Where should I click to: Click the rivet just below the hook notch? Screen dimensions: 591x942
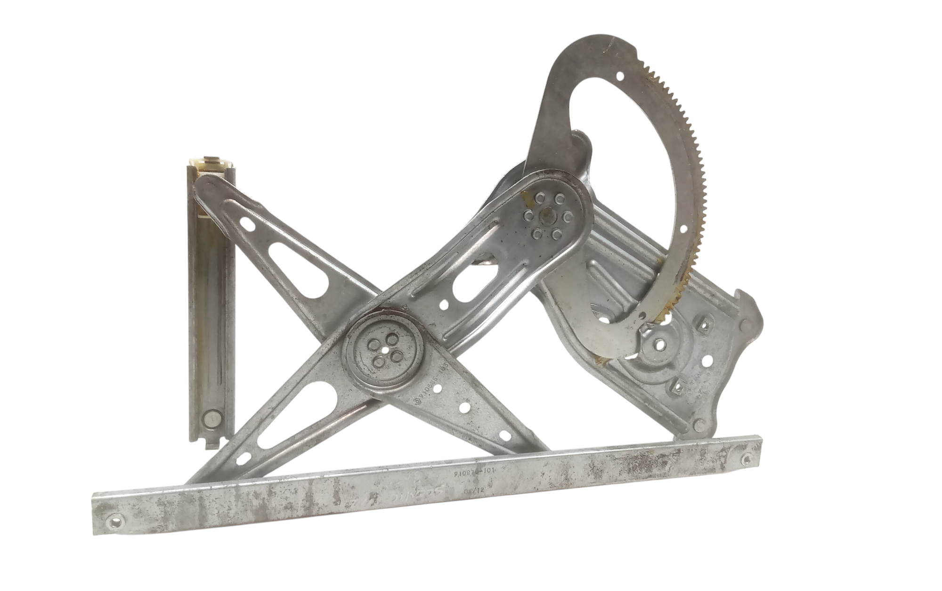[x=745, y=324]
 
